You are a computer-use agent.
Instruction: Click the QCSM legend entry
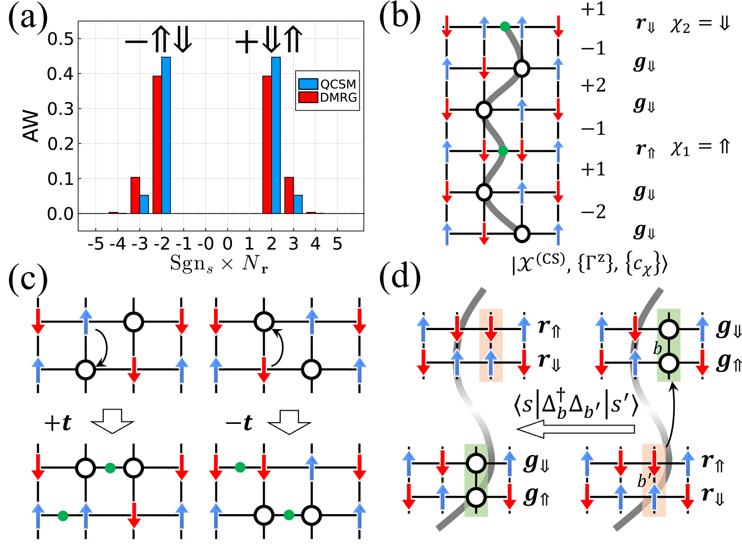point(328,84)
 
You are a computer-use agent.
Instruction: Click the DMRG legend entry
point(328,97)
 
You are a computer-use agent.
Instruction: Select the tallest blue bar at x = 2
point(276,135)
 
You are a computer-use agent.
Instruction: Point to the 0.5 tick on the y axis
point(60,39)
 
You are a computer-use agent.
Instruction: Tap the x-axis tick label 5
point(337,244)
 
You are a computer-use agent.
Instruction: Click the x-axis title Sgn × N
point(219,263)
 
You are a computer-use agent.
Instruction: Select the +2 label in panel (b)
point(593,85)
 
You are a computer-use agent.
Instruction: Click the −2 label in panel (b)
point(593,211)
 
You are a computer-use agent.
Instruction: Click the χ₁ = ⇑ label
point(700,148)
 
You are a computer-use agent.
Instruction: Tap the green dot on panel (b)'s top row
point(505,27)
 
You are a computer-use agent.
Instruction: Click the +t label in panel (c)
point(58,423)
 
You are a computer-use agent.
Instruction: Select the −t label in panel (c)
point(239,423)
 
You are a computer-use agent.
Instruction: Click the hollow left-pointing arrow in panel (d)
point(575,428)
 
